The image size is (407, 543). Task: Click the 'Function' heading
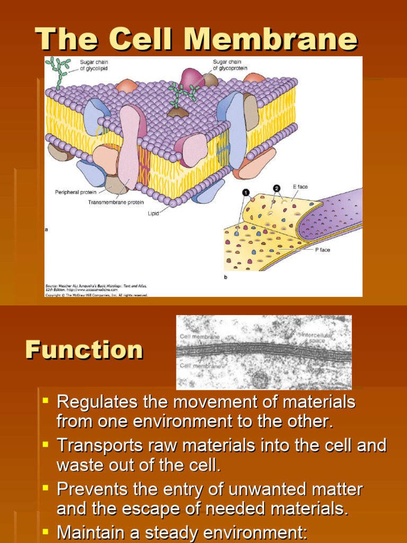(x=84, y=350)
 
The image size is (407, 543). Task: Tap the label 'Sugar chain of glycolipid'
(x=94, y=65)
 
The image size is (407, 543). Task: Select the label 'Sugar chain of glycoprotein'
(x=230, y=65)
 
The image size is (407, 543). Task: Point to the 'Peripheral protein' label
(x=76, y=192)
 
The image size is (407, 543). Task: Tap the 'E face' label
(x=300, y=187)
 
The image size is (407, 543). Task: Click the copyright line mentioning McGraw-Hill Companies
(x=96, y=295)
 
